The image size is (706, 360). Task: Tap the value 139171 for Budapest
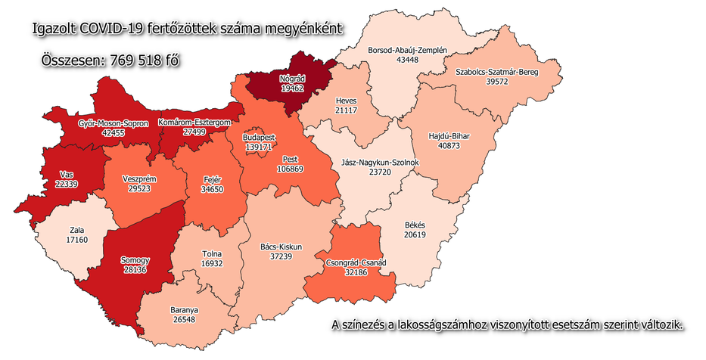coord(258,148)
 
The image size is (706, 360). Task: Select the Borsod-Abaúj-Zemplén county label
coord(407,50)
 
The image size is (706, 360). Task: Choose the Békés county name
coord(415,225)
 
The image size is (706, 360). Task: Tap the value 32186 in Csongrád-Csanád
coord(354,272)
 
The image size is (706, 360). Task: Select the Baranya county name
coord(184,310)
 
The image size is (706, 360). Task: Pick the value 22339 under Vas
coord(67,184)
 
